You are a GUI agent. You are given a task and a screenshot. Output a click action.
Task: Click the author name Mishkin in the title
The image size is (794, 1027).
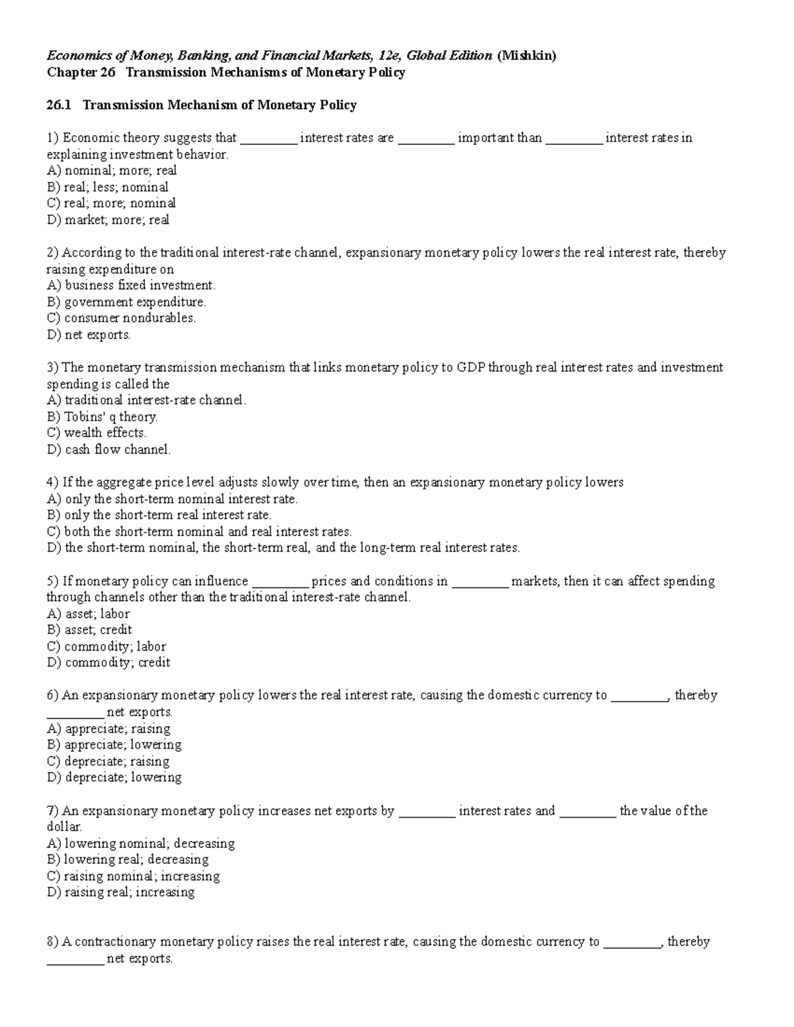pos(527,56)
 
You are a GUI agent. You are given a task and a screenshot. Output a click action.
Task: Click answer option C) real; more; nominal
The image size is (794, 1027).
pos(111,203)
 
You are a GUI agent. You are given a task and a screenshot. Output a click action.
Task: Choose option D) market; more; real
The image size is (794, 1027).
pos(108,220)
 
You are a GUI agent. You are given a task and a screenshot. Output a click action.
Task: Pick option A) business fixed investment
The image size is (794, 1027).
pos(131,285)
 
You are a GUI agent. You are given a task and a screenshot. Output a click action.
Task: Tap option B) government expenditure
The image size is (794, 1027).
pos(126,302)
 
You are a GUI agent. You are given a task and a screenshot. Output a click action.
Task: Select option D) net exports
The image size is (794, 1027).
pos(89,335)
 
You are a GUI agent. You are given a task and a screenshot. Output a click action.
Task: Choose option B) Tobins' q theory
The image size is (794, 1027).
pos(102,417)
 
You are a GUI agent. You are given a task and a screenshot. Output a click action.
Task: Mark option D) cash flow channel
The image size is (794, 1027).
pos(109,450)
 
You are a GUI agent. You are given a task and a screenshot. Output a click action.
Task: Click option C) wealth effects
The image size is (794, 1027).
pos(97,433)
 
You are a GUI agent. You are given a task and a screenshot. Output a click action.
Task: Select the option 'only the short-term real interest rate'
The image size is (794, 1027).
pos(159,515)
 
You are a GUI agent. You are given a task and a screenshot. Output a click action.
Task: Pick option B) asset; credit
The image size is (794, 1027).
pos(89,630)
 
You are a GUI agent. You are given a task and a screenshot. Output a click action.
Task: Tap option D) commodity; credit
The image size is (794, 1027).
pos(109,663)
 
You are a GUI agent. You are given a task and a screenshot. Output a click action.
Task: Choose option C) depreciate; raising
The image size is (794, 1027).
pos(108,761)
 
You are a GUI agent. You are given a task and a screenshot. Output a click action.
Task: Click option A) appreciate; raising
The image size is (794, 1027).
pos(109,728)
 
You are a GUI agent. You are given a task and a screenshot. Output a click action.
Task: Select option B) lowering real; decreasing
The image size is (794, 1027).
pos(128,860)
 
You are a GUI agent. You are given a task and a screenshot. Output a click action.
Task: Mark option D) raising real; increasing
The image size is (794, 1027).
pos(120,892)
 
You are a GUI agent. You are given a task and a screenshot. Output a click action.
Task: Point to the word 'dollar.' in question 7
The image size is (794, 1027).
pos(64,827)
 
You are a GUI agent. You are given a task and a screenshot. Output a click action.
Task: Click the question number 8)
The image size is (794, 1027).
pos(53,942)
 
